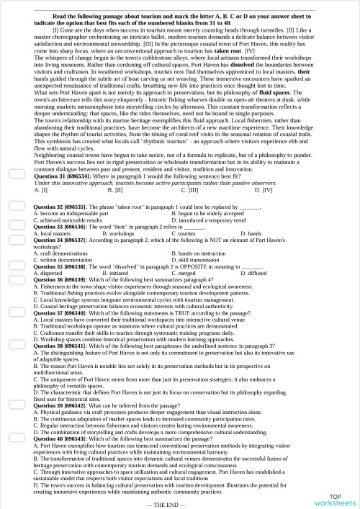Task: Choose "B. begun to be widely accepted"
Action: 210,235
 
